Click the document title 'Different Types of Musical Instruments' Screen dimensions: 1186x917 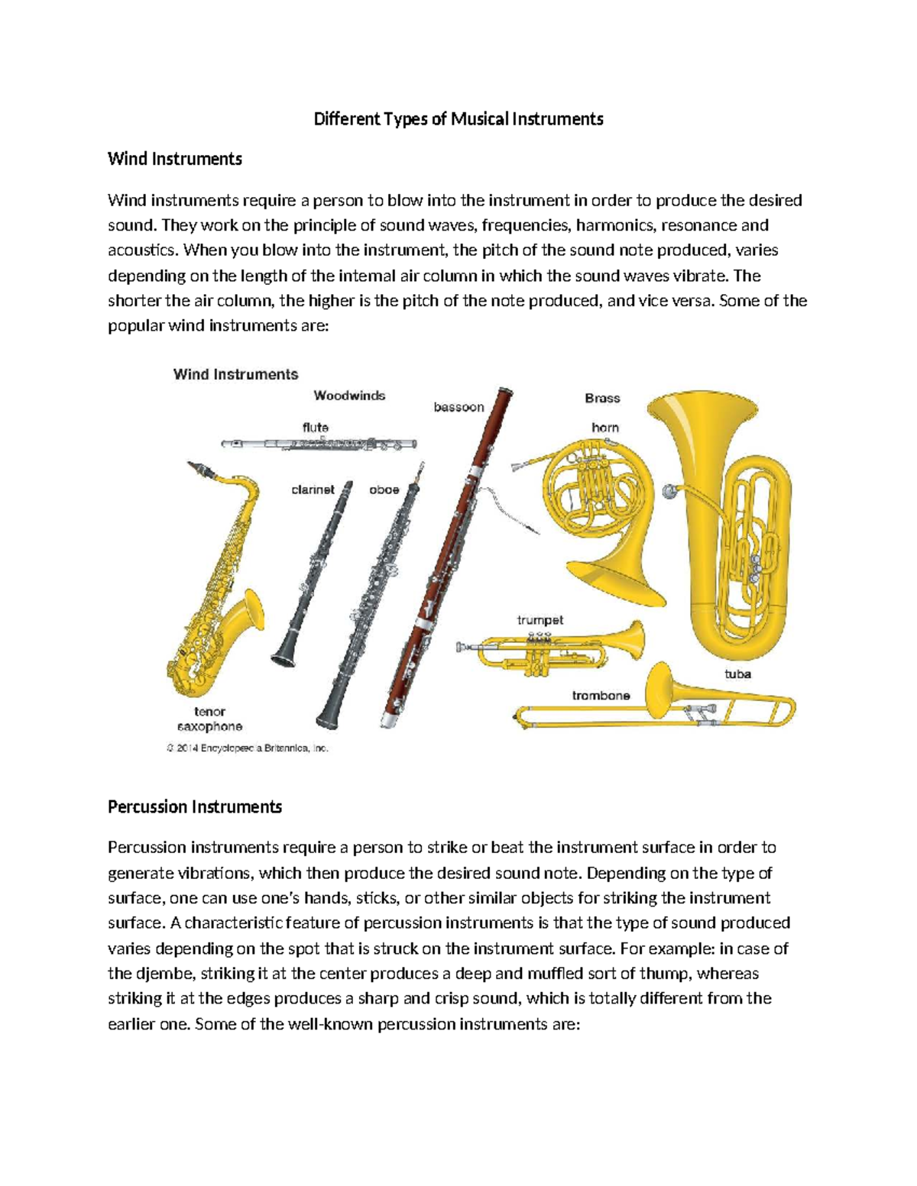click(458, 119)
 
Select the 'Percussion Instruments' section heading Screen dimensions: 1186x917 click(195, 807)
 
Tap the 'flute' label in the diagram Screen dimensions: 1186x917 click(315, 428)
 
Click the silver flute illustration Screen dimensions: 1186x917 click(319, 444)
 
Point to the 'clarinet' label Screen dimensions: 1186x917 click(313, 490)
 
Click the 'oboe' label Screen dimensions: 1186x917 click(384, 490)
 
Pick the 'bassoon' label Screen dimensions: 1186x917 click(458, 407)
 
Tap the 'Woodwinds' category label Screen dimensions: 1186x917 click(349, 396)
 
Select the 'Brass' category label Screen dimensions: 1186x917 click(602, 398)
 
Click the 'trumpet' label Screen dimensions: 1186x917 click(540, 620)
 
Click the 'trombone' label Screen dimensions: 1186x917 click(601, 696)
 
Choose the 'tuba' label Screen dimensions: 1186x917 click(737, 674)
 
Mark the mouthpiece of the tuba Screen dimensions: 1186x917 click(671, 491)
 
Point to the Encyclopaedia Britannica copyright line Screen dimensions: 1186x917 click(248, 748)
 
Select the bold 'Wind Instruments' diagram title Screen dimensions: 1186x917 click(235, 374)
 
